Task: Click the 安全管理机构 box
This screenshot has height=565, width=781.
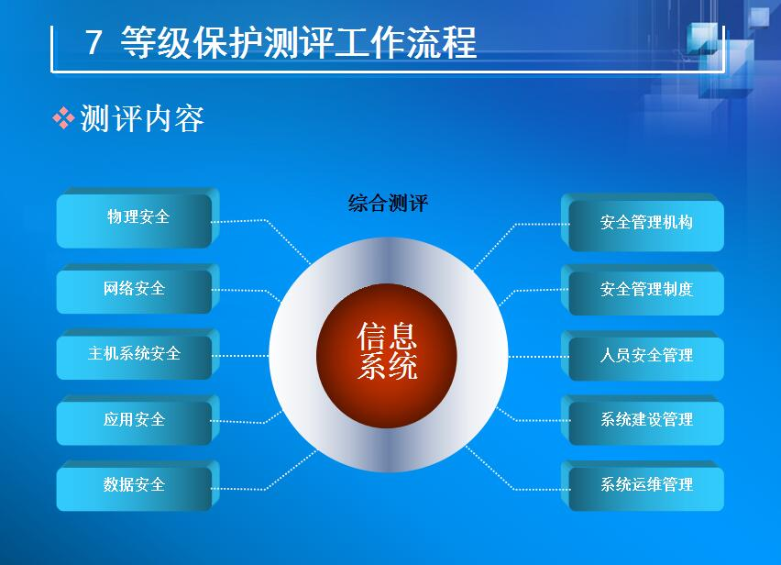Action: tap(643, 222)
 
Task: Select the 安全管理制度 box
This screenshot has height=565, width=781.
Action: tap(643, 290)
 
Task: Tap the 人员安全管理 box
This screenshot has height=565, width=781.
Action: tap(643, 356)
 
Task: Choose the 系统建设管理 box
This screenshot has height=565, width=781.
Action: tap(643, 420)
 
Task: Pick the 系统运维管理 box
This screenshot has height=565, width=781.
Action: tap(643, 485)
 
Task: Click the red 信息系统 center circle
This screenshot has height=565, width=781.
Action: tap(387, 355)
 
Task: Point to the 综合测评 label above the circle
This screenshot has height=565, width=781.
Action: tap(388, 204)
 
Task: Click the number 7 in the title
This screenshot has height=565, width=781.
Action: tap(93, 42)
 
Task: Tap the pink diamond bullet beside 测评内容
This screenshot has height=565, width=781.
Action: tap(63, 118)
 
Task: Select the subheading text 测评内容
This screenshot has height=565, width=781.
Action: tap(142, 118)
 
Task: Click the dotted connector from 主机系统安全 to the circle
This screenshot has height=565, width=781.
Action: tap(240, 356)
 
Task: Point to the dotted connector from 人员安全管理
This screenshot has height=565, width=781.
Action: tap(538, 356)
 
